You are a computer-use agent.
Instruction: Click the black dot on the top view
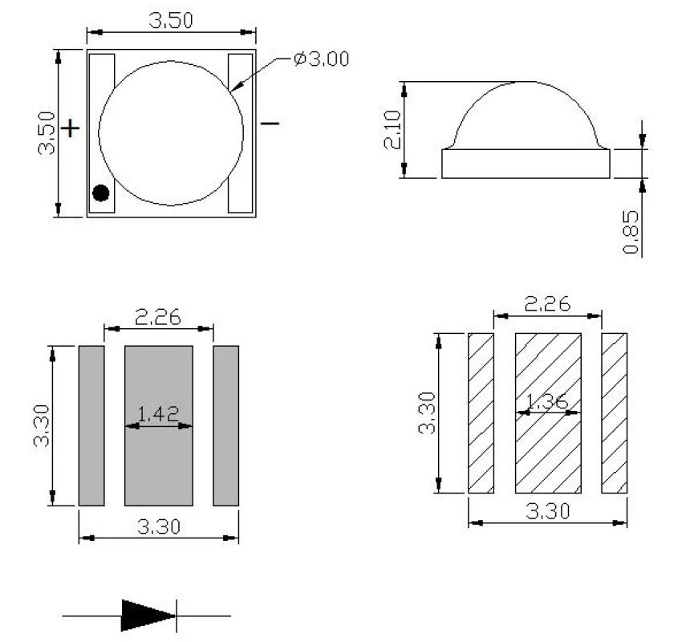click(101, 193)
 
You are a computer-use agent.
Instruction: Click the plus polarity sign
click(70, 128)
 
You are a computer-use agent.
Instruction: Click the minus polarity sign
click(270, 124)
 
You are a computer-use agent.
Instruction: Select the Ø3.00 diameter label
click(322, 59)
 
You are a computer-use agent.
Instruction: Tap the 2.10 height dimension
click(392, 129)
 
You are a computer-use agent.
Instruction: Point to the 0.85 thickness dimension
click(631, 232)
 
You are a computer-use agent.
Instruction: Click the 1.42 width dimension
click(158, 414)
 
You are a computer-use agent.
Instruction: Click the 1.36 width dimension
click(547, 401)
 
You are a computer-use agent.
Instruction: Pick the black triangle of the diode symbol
click(148, 615)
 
